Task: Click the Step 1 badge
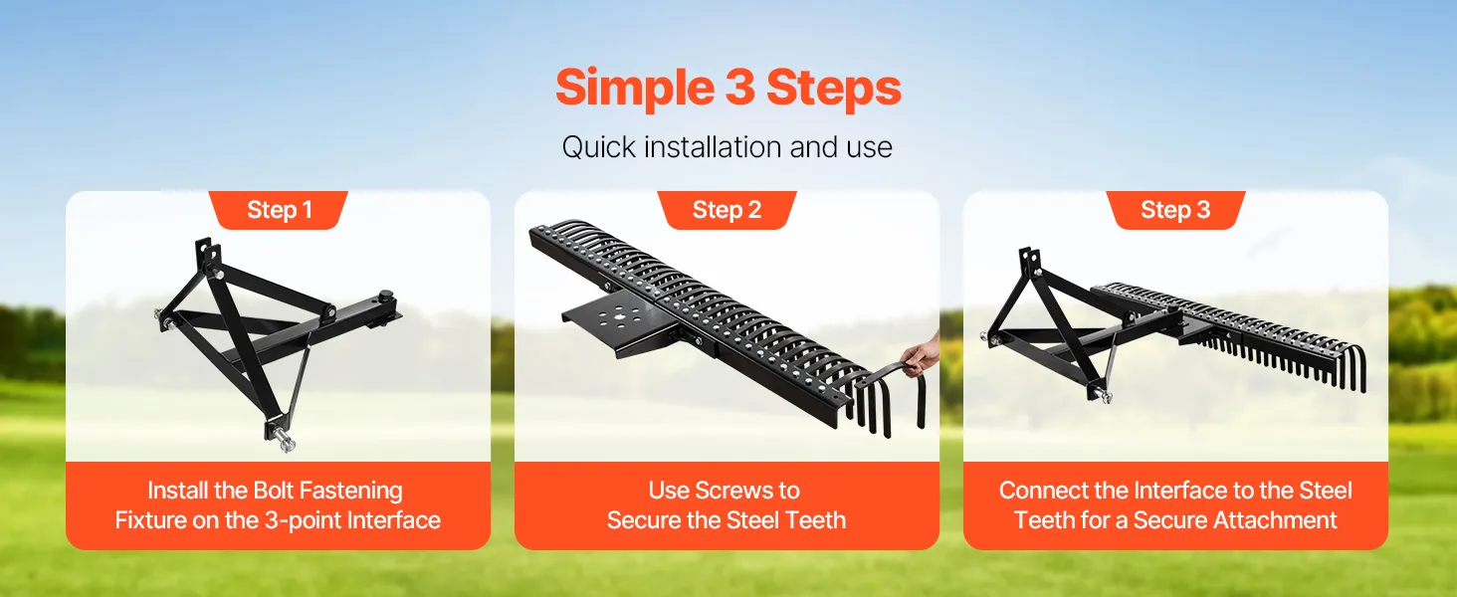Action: coord(279,209)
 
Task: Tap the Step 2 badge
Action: coord(727,209)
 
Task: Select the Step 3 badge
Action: coord(1175,209)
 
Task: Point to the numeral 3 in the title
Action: coord(740,88)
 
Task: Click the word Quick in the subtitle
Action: coord(598,147)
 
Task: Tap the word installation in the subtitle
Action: coord(713,146)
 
